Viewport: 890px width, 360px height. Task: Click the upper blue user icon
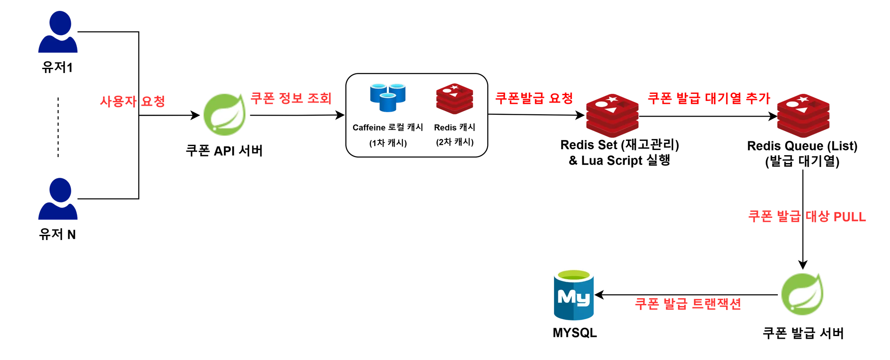(58, 33)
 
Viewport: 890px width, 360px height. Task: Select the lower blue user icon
(58, 200)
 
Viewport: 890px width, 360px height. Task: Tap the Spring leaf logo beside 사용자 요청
(225, 114)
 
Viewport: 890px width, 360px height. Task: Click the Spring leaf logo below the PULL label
(802, 294)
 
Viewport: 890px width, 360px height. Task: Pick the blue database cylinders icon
(388, 97)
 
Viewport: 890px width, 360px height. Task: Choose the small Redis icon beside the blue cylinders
(455, 99)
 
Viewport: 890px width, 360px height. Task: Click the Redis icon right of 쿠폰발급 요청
(612, 116)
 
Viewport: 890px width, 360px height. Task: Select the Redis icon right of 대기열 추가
(803, 116)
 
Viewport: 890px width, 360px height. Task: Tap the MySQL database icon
(574, 294)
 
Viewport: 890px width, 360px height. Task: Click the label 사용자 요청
(133, 102)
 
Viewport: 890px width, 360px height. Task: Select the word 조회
(319, 98)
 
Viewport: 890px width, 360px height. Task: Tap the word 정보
(291, 98)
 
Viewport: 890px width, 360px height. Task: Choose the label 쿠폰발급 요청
(534, 98)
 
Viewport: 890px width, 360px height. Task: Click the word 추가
(758, 98)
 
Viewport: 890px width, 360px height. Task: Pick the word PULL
(850, 217)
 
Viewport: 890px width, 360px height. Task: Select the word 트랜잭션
(716, 304)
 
